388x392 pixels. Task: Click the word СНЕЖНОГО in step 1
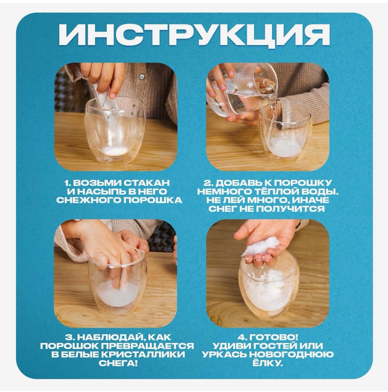pos(89,200)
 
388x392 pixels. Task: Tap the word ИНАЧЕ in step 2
pos(312,200)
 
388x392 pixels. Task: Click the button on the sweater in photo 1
pos(142,77)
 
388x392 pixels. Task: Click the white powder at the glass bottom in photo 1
pos(115,151)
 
